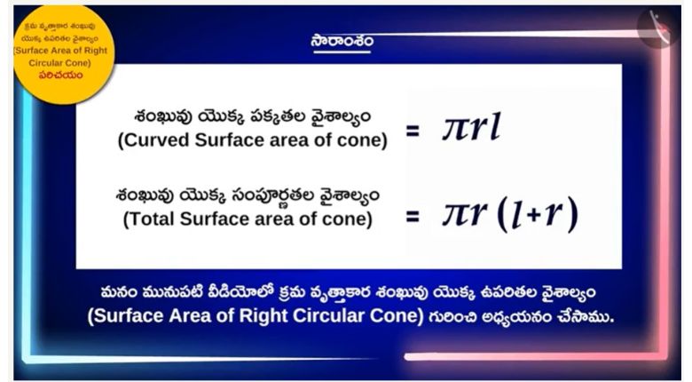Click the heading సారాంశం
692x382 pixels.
coord(342,40)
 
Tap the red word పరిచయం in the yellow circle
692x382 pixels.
coord(60,76)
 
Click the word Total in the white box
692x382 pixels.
coord(152,219)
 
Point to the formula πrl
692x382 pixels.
coord(471,127)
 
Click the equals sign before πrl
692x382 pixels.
coord(413,131)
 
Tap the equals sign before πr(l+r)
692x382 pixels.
coord(413,216)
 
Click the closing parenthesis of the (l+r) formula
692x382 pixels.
coord(572,214)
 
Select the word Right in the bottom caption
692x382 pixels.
coord(263,316)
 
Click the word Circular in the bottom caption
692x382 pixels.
coord(329,315)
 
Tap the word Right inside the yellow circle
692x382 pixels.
coord(96,51)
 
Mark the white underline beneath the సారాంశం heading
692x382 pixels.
coord(342,52)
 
